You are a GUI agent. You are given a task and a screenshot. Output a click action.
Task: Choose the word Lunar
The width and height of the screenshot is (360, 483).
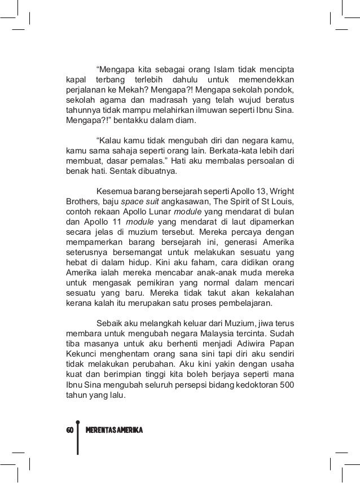[168, 215]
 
